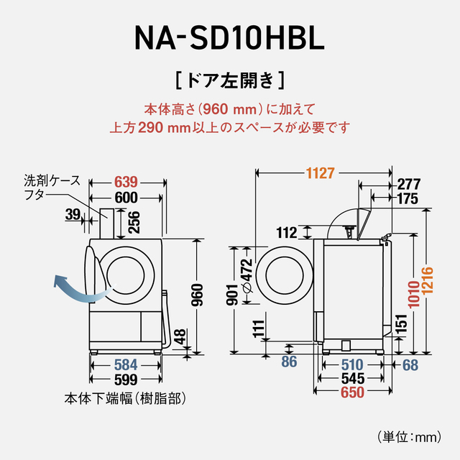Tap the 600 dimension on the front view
tap(126, 198)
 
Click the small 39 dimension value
tap(72, 213)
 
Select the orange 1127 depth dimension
tap(321, 173)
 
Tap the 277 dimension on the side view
tap(408, 184)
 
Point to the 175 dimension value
tap(408, 199)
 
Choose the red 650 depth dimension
tap(352, 392)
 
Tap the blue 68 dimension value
tap(410, 364)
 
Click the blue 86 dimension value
tap(289, 362)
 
